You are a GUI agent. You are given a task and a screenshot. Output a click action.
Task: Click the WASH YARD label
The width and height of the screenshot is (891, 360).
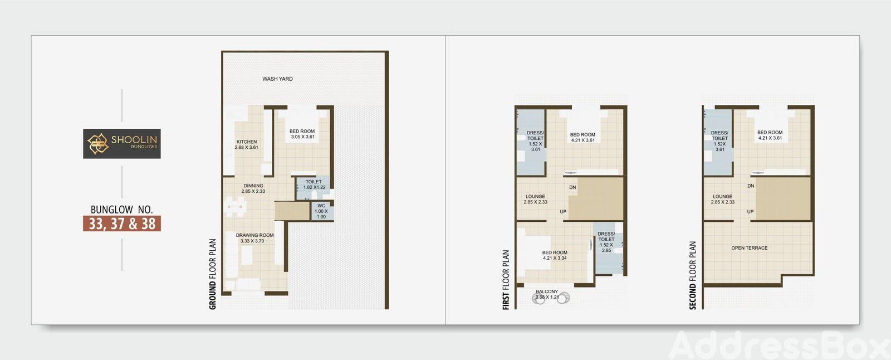(277, 79)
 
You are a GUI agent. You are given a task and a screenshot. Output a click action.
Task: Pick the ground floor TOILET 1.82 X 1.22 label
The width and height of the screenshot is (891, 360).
(314, 184)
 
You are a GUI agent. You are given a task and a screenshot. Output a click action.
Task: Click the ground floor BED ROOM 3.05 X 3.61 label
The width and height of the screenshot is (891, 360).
(302, 134)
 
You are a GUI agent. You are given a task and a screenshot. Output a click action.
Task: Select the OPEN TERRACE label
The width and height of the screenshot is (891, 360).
(750, 247)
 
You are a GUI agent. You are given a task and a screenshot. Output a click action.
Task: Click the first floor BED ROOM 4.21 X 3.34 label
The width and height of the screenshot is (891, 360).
(555, 255)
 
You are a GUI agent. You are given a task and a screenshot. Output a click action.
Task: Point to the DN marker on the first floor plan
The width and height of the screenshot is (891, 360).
(572, 187)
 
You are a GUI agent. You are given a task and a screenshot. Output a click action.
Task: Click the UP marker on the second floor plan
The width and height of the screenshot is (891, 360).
(750, 211)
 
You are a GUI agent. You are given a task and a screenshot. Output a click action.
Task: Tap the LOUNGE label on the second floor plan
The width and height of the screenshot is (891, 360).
(723, 199)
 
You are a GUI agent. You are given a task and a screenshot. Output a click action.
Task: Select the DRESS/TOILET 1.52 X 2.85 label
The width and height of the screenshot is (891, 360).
(606, 242)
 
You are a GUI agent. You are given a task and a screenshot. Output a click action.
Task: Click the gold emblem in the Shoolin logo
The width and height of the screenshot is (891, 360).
(98, 144)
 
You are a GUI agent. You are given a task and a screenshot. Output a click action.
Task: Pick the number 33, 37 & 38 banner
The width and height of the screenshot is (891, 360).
(122, 223)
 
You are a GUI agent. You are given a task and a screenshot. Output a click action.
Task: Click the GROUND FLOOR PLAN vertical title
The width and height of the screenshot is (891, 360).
(213, 274)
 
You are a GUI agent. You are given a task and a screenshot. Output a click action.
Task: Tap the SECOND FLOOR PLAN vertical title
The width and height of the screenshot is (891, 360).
(693, 275)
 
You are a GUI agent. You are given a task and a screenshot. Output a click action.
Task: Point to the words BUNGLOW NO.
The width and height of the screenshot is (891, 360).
(122, 210)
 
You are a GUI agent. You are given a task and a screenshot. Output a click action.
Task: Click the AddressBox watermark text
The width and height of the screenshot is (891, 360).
(780, 345)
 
